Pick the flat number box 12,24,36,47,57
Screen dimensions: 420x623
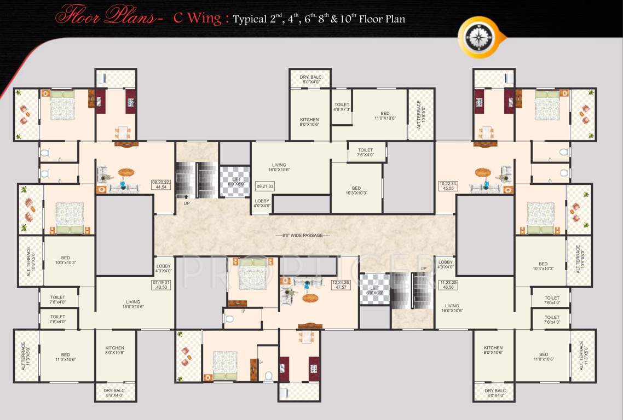[x=341, y=284]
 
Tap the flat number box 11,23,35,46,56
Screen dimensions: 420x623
[x=448, y=284]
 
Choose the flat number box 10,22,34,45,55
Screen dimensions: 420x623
[x=448, y=186]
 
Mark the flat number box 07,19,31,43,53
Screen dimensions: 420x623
[x=161, y=285]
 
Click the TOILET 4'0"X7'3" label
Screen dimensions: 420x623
[x=342, y=107]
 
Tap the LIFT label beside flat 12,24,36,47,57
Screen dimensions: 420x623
[x=375, y=290]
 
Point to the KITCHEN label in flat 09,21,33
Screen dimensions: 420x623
[x=309, y=122]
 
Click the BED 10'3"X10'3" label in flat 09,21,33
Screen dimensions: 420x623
[x=356, y=191]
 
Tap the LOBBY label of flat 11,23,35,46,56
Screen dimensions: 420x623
[x=446, y=265]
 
